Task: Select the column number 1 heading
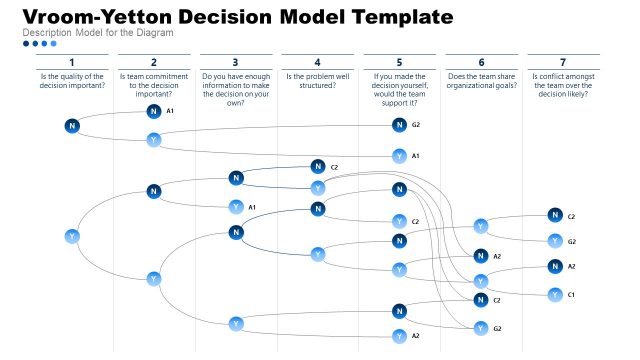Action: point(72,62)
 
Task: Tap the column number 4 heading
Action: point(317,62)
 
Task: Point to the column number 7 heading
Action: point(563,62)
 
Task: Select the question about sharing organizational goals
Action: point(481,81)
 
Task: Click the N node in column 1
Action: point(72,125)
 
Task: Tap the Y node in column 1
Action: point(72,236)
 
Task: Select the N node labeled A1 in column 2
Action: point(153,111)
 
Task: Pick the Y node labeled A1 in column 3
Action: point(236,207)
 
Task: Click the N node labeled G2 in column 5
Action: point(399,125)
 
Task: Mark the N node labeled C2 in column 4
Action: point(318,167)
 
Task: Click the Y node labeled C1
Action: point(554,294)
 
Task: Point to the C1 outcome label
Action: point(572,294)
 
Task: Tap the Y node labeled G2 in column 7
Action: point(554,241)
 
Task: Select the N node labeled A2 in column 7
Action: point(554,266)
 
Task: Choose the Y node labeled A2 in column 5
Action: point(399,336)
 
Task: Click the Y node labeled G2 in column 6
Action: point(480,328)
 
